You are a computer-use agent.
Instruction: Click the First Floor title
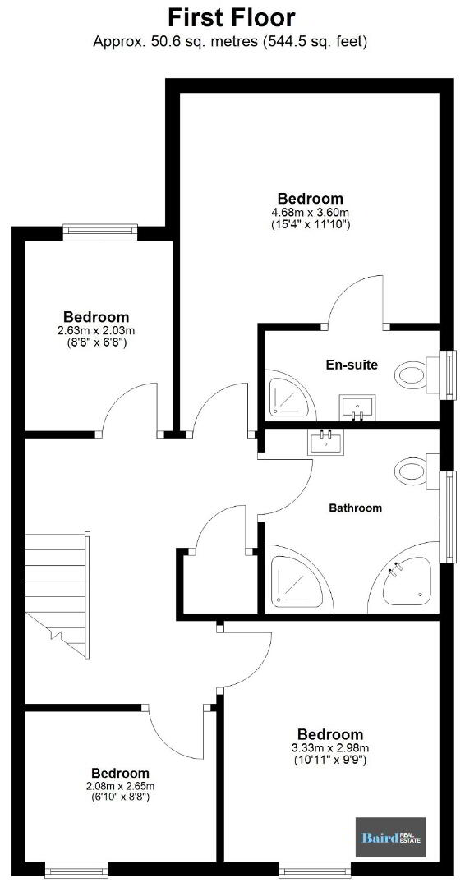click(x=232, y=17)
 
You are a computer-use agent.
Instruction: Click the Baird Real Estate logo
click(x=390, y=837)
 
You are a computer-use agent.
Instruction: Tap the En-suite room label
click(x=352, y=365)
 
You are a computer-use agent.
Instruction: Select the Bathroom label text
click(x=355, y=508)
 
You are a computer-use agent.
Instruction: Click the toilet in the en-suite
click(x=419, y=374)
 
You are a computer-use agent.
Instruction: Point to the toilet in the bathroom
click(x=419, y=470)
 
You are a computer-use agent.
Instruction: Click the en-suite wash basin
click(x=357, y=408)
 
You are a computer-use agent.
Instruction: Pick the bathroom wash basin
click(x=325, y=441)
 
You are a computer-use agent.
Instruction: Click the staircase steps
click(x=58, y=594)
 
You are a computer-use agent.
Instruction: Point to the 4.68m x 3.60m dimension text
click(x=310, y=212)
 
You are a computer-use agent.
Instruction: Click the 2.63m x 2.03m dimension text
click(x=95, y=330)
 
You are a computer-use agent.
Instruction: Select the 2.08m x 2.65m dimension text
click(x=121, y=786)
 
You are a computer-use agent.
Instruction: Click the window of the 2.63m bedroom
click(x=100, y=232)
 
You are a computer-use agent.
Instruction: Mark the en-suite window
click(x=448, y=375)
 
